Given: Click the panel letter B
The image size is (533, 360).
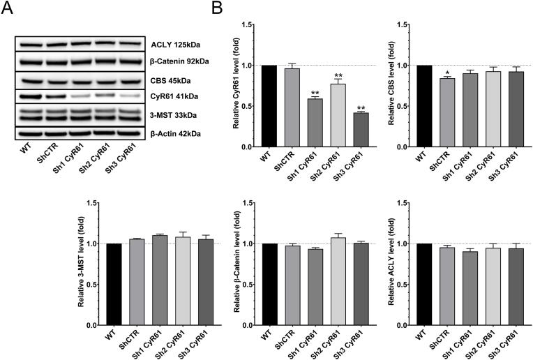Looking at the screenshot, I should click(217, 9).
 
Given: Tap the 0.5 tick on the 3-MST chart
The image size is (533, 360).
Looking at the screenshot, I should click(90, 285).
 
